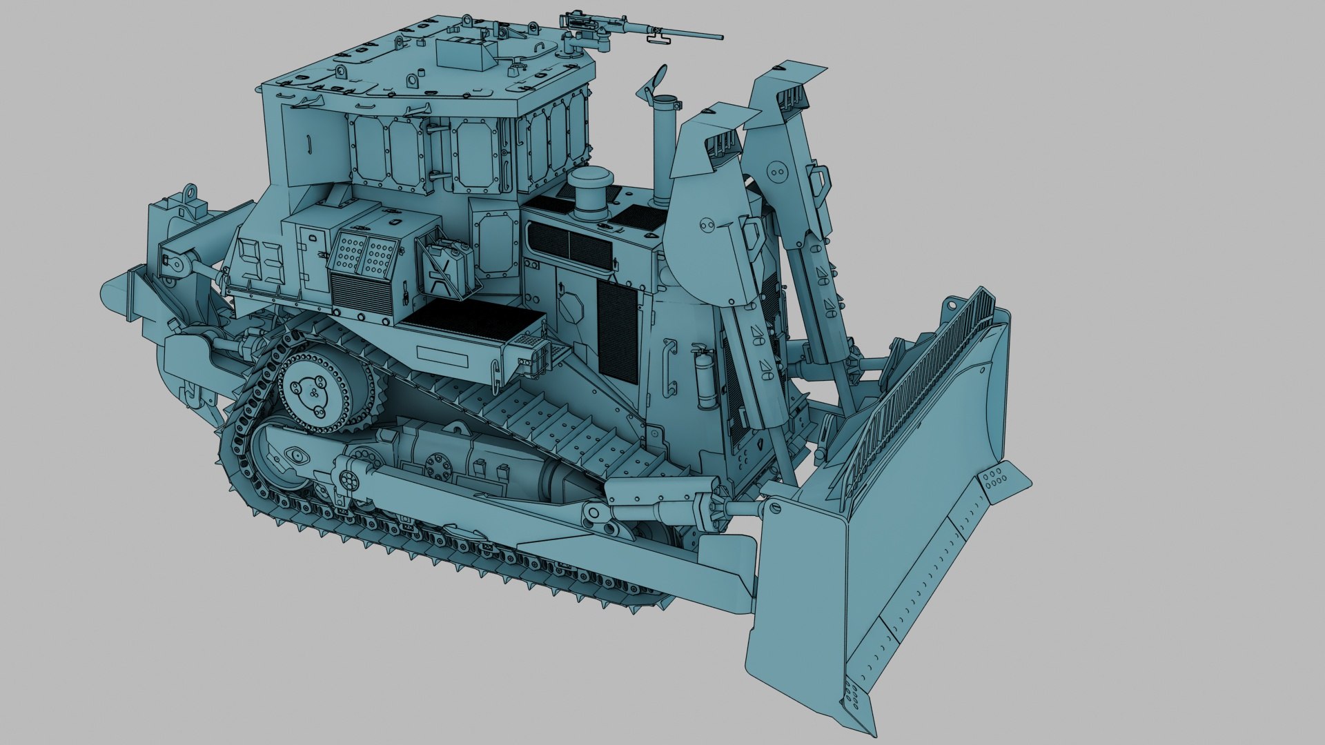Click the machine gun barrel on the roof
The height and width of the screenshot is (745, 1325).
coord(683,34)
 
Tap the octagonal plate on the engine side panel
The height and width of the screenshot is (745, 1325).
coord(572,306)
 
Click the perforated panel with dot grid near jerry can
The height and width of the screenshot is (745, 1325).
coord(364,255)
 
